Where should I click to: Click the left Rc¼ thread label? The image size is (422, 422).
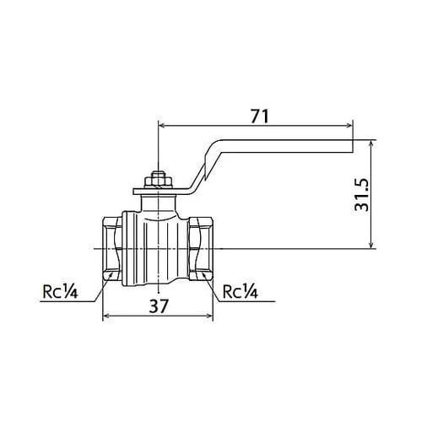pyautogui.click(x=60, y=293)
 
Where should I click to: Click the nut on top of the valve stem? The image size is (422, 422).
pyautogui.click(x=157, y=180)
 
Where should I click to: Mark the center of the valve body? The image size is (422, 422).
pyautogui.click(x=157, y=246)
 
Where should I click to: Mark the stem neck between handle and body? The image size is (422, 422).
pyautogui.click(x=157, y=201)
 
